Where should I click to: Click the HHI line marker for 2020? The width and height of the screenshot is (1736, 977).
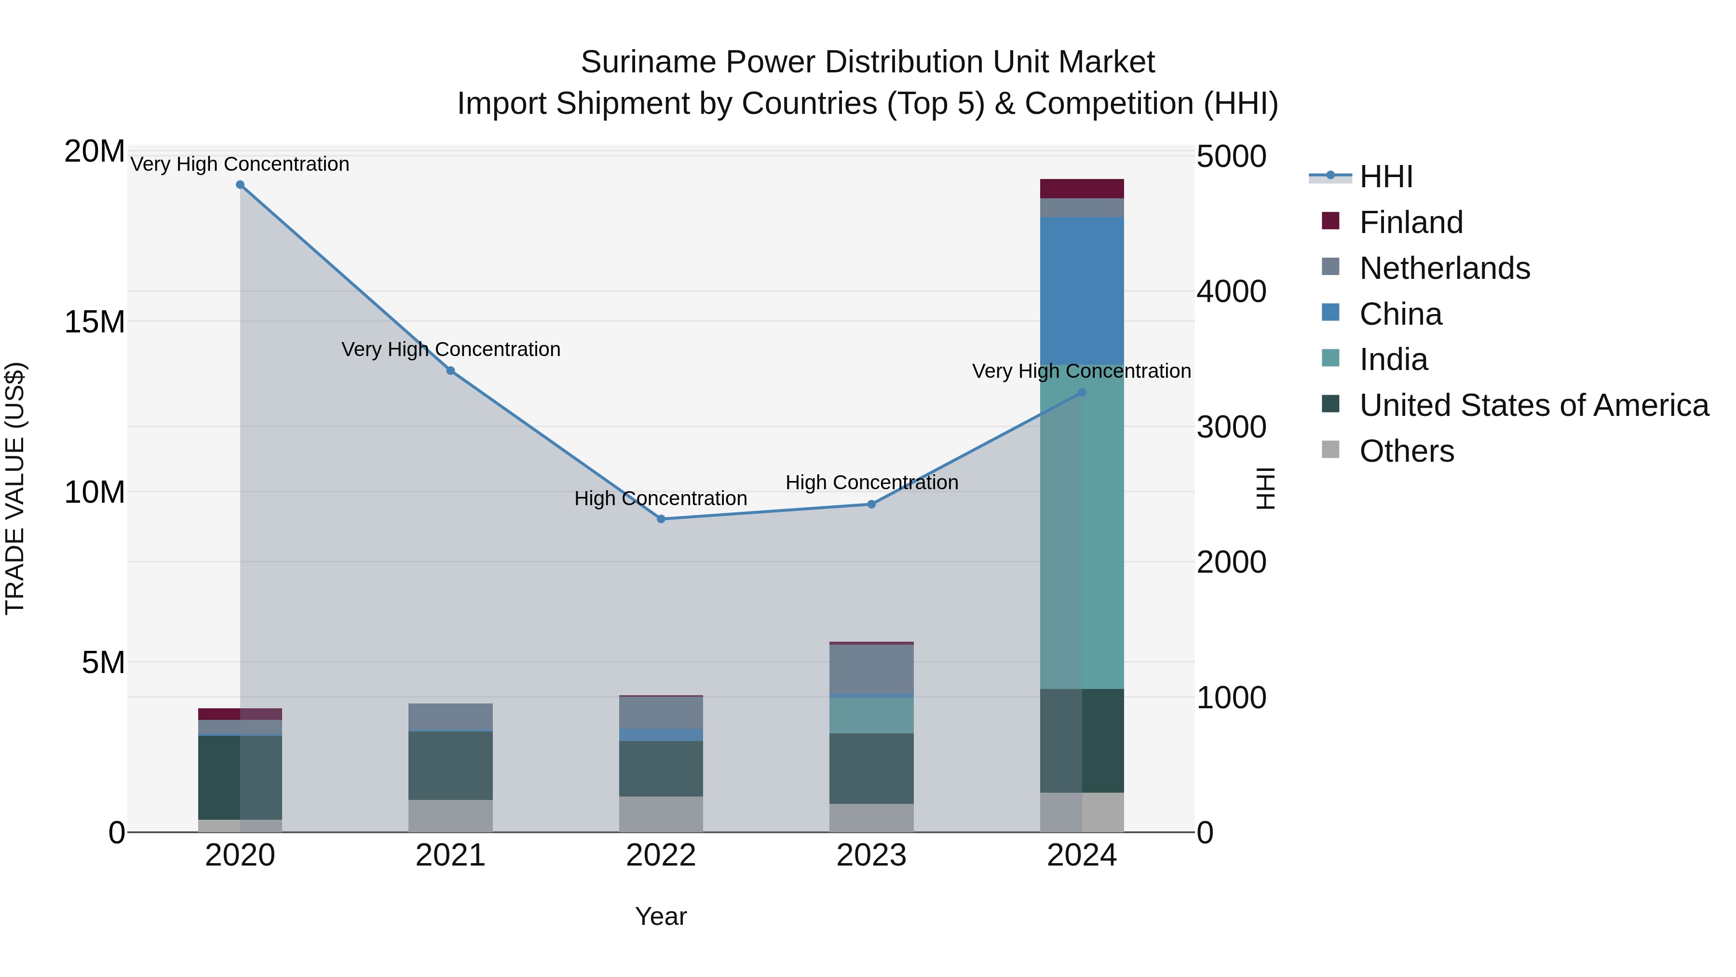click(x=240, y=185)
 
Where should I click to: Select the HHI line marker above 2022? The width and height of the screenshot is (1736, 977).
click(x=661, y=519)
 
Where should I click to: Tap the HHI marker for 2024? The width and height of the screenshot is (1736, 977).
click(x=1082, y=392)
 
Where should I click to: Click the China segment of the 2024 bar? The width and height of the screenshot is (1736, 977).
click(x=1082, y=290)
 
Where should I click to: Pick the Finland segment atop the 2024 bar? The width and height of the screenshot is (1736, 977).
click(x=1082, y=189)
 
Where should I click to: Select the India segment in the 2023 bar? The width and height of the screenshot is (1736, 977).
click(x=871, y=716)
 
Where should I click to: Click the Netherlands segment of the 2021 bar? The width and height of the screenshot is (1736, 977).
click(x=450, y=717)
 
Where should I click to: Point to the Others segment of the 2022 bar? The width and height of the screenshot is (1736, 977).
click(x=661, y=814)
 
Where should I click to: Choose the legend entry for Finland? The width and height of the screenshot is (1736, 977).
click(x=1410, y=222)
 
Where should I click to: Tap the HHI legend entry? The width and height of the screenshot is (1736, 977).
click(x=1385, y=177)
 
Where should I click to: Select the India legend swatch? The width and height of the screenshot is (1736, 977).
click(x=1330, y=358)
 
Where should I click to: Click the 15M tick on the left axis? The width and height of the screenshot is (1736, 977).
click(x=95, y=322)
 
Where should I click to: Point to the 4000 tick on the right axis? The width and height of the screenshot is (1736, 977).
click(x=1231, y=292)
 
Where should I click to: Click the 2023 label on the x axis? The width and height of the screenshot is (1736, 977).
click(x=871, y=855)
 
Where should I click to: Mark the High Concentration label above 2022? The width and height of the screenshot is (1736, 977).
click(x=661, y=498)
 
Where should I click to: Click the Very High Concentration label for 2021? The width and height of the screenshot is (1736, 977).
click(x=450, y=349)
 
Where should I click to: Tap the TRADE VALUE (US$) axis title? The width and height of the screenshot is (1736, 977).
click(x=15, y=488)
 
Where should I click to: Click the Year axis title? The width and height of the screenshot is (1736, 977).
click(x=661, y=916)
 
